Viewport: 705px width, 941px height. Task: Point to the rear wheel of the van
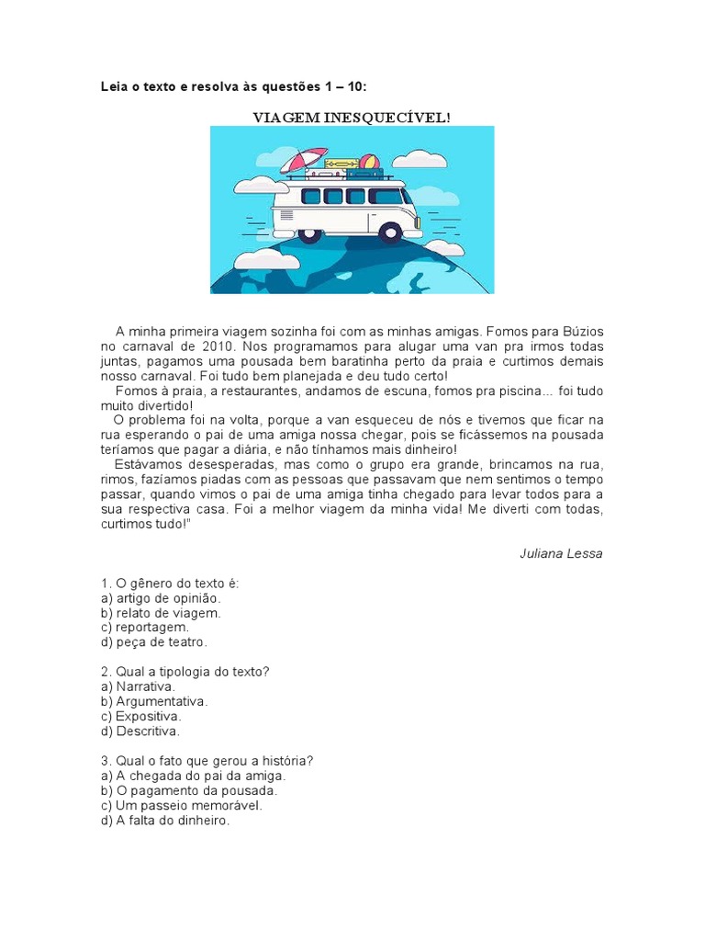point(309,233)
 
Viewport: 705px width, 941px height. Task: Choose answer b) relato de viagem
point(162,612)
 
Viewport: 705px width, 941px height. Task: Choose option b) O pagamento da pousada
point(189,790)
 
